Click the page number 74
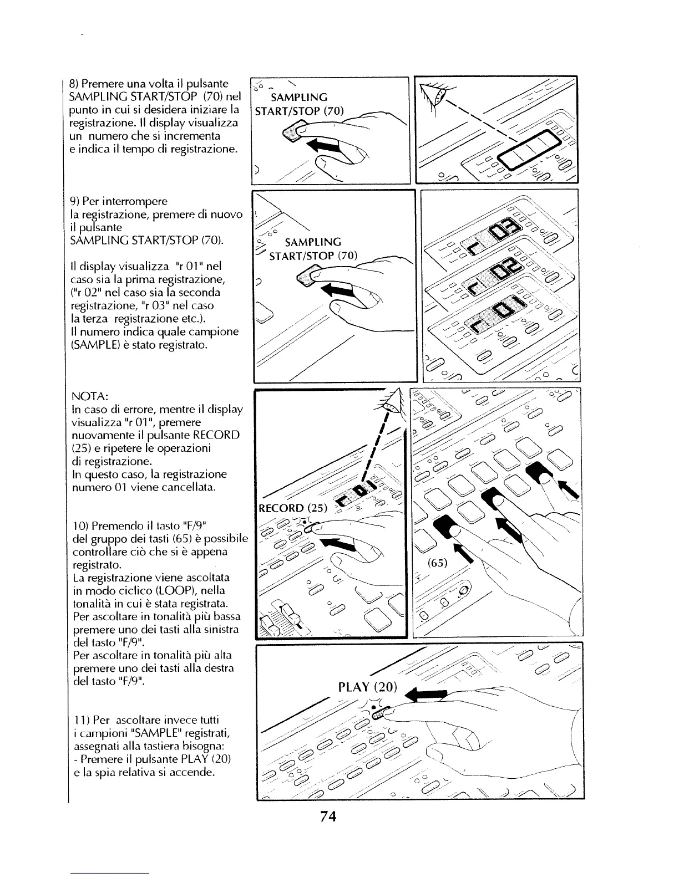coord(328,817)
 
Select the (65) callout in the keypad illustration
coord(438,563)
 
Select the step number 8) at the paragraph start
coord(75,84)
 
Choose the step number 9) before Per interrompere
coord(75,201)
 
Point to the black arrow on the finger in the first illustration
coord(324,145)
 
